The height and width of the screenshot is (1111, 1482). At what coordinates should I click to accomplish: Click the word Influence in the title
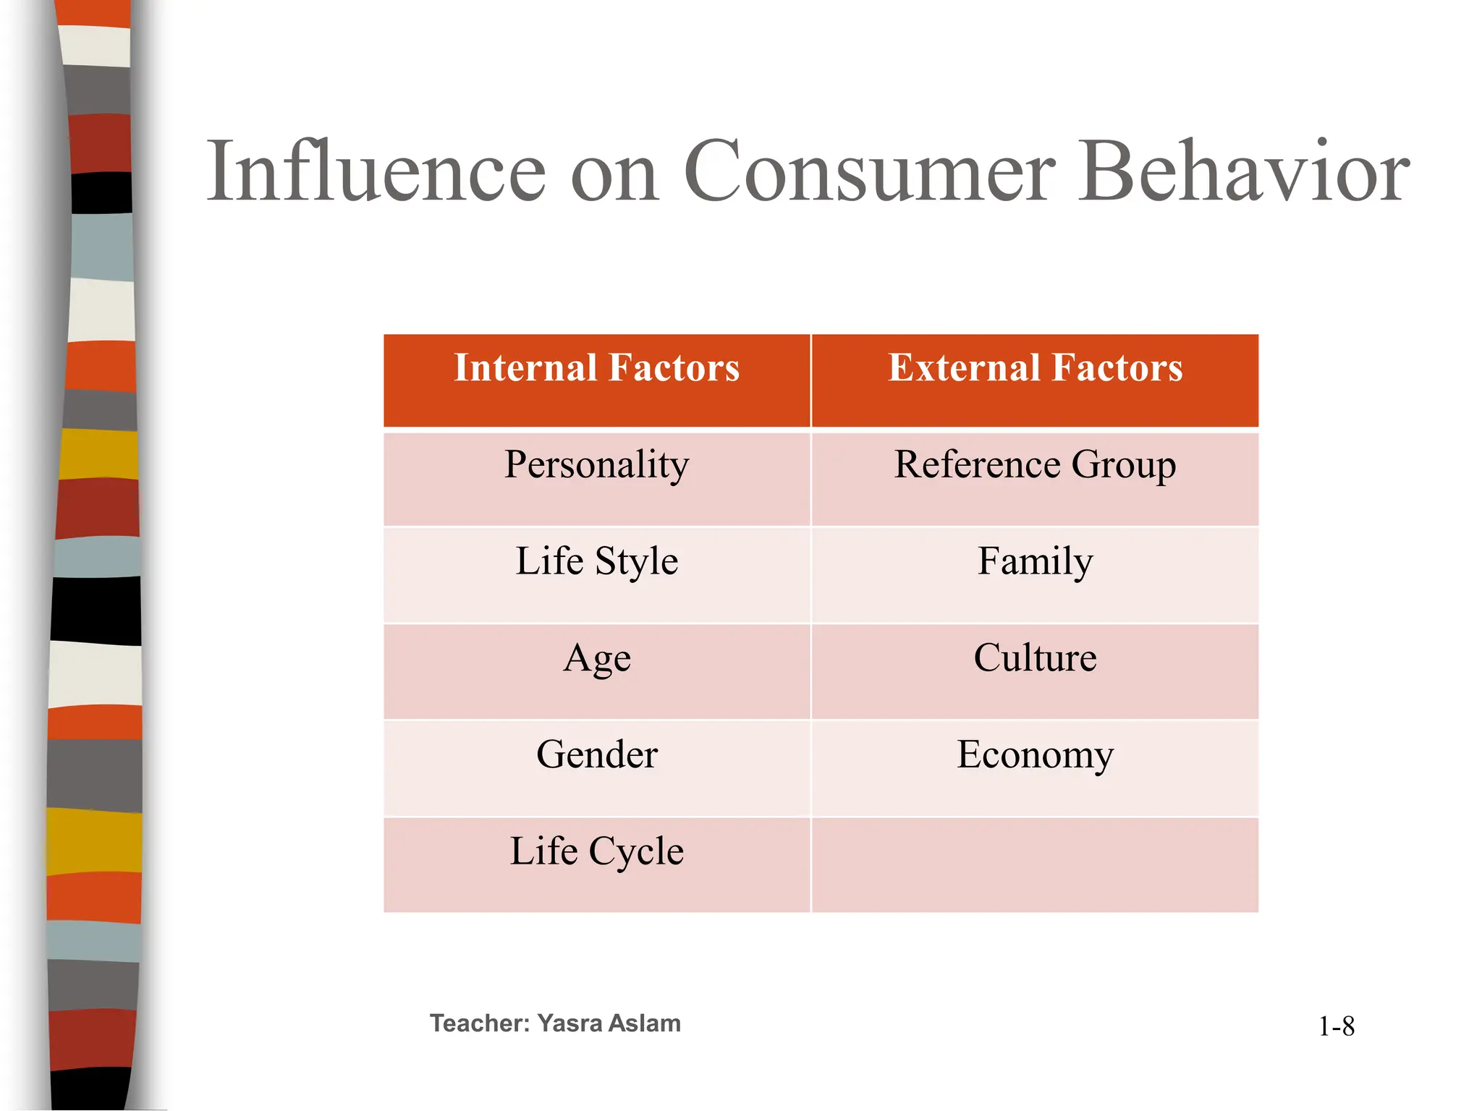[376, 172]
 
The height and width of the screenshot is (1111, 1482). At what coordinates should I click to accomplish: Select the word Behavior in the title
[1244, 172]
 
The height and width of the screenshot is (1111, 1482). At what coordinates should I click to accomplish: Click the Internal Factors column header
[596, 367]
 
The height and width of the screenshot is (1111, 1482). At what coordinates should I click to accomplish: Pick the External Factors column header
[1035, 367]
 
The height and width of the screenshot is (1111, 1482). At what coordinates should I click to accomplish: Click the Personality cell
[596, 465]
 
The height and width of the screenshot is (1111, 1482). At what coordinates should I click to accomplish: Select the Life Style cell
[596, 561]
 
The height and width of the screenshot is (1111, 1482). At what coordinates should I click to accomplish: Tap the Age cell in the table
[596, 659]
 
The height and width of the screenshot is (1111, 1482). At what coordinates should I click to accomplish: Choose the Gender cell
[596, 755]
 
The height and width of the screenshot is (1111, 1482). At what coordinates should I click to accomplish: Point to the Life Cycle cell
[596, 851]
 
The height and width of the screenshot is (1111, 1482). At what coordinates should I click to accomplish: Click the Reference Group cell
[1035, 465]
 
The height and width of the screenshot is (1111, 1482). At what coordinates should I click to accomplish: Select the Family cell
[1035, 561]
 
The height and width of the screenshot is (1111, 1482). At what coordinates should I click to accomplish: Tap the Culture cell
[1035, 657]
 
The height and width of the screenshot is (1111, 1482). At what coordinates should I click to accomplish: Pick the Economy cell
[1035, 755]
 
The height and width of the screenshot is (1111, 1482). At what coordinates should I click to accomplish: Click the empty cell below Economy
[1035, 865]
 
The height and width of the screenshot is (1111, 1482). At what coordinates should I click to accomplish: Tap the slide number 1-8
[1336, 1026]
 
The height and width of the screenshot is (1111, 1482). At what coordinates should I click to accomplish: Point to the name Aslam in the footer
[644, 1023]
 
